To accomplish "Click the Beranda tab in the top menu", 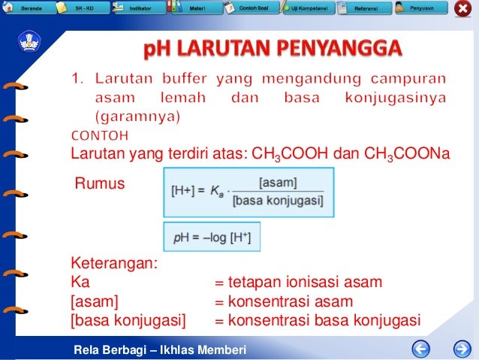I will (x=28, y=8).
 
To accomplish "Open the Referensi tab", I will (x=363, y=8).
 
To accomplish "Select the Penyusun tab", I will (x=421, y=8).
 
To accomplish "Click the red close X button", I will (x=463, y=9).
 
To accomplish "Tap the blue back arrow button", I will (x=422, y=349).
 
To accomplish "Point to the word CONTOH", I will (x=100, y=136).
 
